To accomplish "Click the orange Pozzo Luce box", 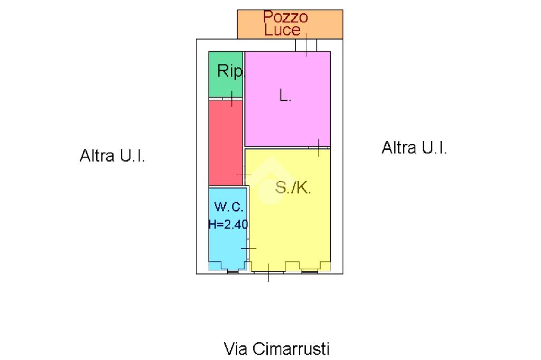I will [328, 24].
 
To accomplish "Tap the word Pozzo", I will [285, 17].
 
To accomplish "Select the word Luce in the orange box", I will [282, 30].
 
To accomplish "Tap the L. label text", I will [285, 96].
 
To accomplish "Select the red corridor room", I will [225, 143].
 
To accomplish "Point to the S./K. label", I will [293, 188].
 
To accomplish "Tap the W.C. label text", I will [229, 206].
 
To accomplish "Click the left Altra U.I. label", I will [112, 156].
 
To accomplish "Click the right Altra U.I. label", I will [414, 148].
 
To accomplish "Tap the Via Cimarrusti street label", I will [277, 349].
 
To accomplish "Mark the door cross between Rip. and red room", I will [232, 98].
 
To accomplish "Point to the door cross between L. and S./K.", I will [318, 147].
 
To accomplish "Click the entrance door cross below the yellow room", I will [268, 272].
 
